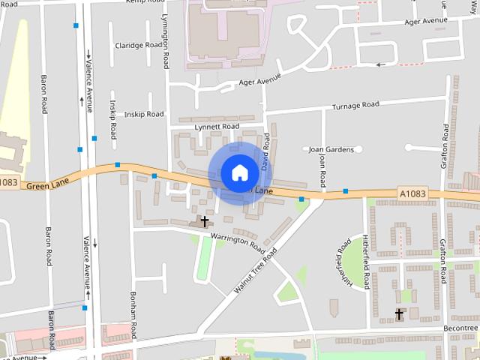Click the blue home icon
(x=239, y=172)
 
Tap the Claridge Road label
(x=139, y=45)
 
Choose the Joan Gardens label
(x=331, y=149)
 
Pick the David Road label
(x=265, y=149)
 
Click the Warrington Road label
(x=237, y=242)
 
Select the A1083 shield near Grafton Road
(x=412, y=193)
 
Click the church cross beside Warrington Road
(x=204, y=222)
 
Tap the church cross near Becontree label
(x=400, y=314)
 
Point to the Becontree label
(x=460, y=328)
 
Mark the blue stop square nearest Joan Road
(x=301, y=199)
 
